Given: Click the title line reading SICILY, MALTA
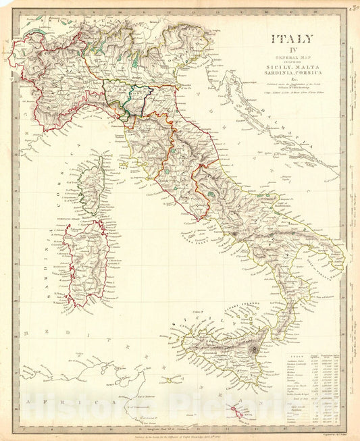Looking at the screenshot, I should click(x=290, y=68).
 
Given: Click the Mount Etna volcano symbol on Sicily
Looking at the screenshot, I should click(x=255, y=349).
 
